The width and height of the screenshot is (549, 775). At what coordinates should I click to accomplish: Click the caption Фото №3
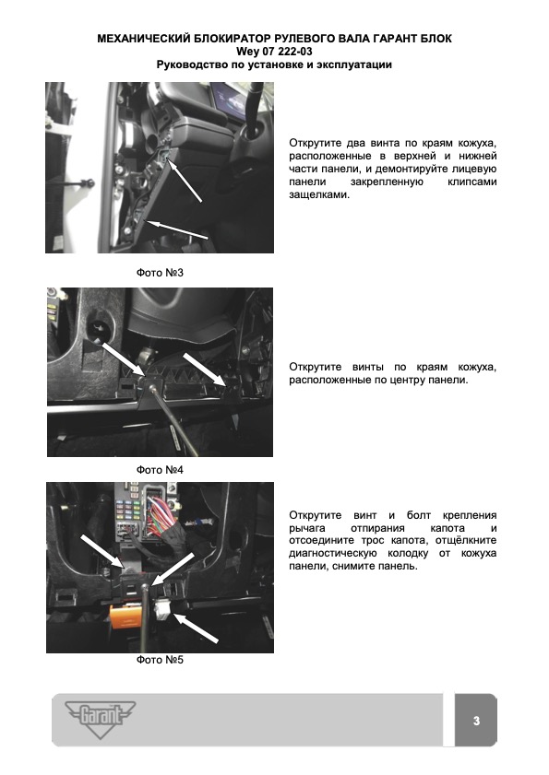tap(160, 273)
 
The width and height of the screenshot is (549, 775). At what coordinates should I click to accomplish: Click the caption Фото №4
tap(160, 470)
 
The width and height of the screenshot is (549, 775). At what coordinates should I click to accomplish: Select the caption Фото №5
tap(160, 660)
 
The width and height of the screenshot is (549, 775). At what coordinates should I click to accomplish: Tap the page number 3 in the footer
tap(476, 721)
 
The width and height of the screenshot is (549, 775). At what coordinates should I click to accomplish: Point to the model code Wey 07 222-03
tap(274, 52)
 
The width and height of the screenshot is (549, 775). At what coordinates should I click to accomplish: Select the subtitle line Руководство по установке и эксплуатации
tap(274, 65)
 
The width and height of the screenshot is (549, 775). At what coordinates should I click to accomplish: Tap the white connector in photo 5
tap(163, 609)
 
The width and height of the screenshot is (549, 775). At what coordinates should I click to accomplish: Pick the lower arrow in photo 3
tap(177, 230)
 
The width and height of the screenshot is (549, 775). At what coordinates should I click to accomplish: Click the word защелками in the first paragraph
tap(319, 194)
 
